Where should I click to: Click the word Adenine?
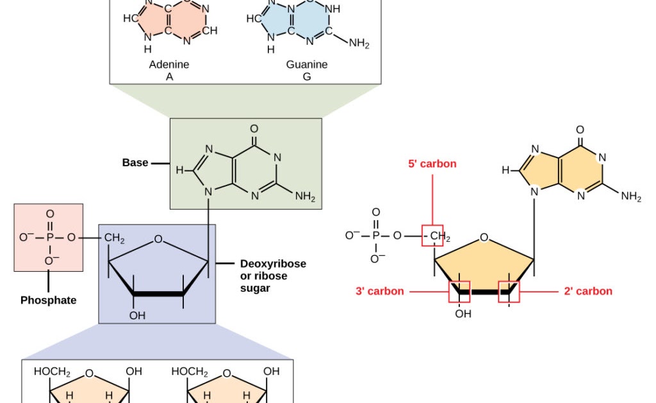(x=169, y=65)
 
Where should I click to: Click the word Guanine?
(x=306, y=65)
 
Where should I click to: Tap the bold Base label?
(x=135, y=163)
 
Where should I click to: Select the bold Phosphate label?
(x=48, y=300)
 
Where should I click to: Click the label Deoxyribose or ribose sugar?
(x=273, y=276)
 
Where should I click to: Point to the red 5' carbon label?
(x=432, y=164)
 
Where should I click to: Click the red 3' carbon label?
(x=380, y=291)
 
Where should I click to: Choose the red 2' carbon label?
(x=587, y=291)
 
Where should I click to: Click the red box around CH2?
(x=432, y=236)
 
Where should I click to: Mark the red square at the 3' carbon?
(x=459, y=292)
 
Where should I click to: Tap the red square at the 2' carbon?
(x=509, y=292)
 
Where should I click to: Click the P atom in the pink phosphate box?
(x=49, y=237)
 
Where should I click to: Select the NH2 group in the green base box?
(x=305, y=196)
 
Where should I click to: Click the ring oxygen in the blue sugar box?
(x=158, y=240)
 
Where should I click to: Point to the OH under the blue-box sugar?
(x=138, y=315)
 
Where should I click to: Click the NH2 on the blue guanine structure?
(x=359, y=43)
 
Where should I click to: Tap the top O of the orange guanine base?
(x=580, y=130)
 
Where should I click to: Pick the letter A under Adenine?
(x=169, y=77)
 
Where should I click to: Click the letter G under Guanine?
(x=307, y=77)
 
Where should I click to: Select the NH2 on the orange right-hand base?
(x=630, y=196)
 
